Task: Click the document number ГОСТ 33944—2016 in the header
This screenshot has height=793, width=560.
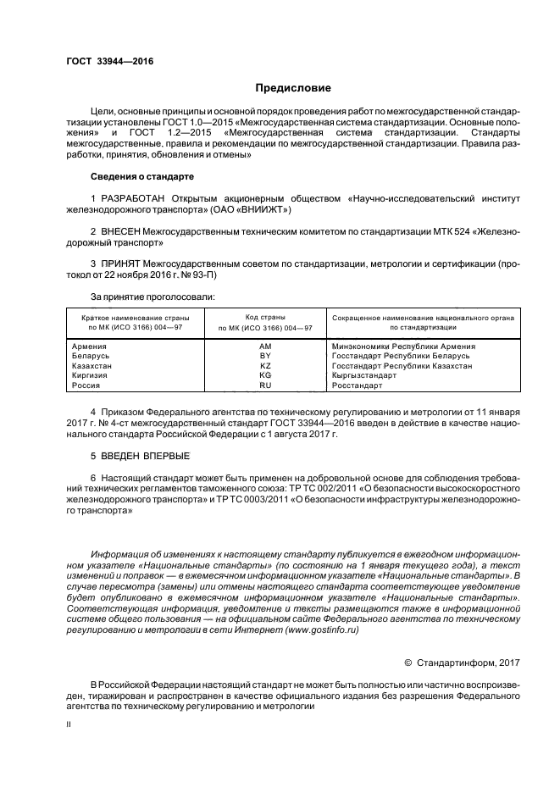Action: pos(104,61)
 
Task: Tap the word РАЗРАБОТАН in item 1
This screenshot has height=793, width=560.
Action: pos(133,197)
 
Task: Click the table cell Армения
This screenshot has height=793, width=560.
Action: pos(90,347)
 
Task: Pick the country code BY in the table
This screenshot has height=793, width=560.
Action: pos(264,356)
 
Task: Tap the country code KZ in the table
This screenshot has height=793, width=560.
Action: pos(264,365)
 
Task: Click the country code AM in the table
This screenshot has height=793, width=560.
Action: pos(264,347)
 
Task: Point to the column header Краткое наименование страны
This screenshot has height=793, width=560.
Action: pos(135,317)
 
